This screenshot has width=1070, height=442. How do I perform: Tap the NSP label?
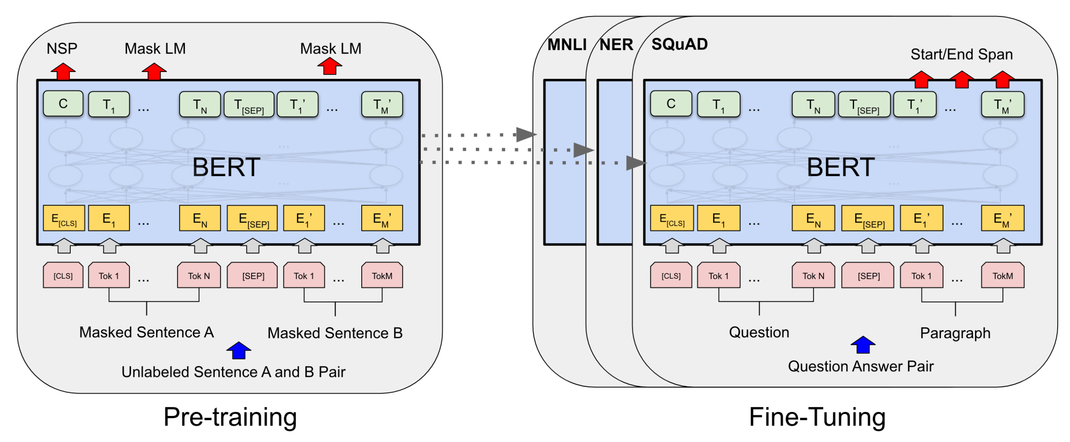coord(62,49)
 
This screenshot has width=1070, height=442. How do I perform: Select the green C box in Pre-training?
coord(63,104)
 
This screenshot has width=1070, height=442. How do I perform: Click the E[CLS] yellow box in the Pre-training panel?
coord(63,218)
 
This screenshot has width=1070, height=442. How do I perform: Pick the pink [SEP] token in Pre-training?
coord(253,275)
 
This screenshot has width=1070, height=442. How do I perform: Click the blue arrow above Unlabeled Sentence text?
coord(239,350)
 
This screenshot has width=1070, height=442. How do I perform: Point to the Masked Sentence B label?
coord(335,332)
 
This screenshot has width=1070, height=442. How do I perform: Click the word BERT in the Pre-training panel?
coord(226,167)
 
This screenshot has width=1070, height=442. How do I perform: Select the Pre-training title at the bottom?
coord(230,417)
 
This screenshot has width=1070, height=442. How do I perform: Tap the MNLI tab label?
coord(567,44)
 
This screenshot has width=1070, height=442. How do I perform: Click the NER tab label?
coord(616,44)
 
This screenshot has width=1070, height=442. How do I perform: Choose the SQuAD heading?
coord(679,44)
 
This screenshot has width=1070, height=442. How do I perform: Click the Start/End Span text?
coord(961,54)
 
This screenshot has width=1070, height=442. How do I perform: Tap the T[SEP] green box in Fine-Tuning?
coord(864,104)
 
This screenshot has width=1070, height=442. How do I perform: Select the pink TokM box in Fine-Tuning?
coord(1002,275)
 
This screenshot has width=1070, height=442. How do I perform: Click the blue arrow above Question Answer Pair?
coord(863,345)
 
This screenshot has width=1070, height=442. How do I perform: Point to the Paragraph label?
coord(955,332)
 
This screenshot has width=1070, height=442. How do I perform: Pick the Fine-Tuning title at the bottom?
coord(817,417)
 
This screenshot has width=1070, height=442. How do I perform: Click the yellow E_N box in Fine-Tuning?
coord(813,218)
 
